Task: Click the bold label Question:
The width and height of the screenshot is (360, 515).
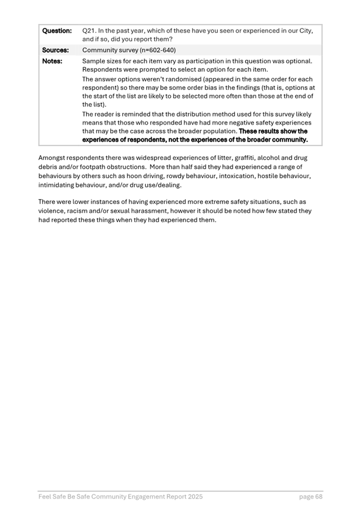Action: coord(57,30)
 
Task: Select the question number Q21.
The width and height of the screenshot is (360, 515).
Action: coord(89,30)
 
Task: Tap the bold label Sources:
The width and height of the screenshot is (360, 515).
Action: coord(55,50)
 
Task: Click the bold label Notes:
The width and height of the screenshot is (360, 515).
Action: coord(52,61)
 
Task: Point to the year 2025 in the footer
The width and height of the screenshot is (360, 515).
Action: coord(193,497)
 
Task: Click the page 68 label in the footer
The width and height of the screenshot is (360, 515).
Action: coord(311,497)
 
